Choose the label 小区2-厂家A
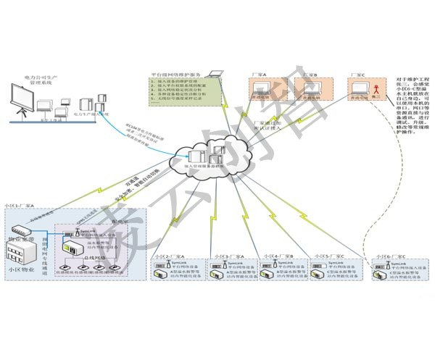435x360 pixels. [168, 256]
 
